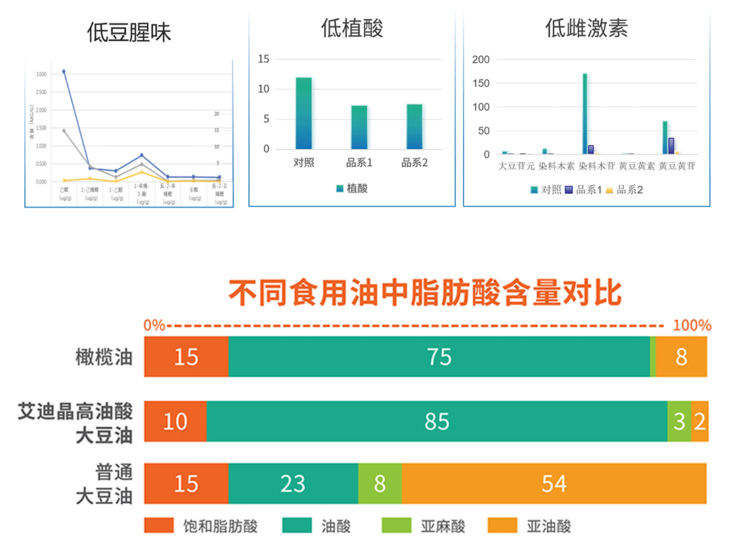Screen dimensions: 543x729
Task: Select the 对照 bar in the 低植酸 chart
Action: (x=304, y=113)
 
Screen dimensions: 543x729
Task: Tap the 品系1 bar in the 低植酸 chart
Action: (x=359, y=127)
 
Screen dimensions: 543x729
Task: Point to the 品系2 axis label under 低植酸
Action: (x=414, y=163)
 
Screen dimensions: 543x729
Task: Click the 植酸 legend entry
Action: (x=352, y=189)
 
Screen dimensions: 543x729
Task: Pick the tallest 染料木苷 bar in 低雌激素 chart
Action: (x=585, y=113)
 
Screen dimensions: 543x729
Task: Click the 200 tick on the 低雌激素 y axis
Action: (x=481, y=59)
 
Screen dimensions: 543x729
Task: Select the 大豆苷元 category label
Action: (x=516, y=165)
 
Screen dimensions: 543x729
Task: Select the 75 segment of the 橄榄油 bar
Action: (x=439, y=356)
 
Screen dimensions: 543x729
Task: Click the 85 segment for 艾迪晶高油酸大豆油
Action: (x=437, y=421)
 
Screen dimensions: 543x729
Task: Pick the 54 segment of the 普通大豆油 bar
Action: (x=553, y=484)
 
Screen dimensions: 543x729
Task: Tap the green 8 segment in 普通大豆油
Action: (x=379, y=484)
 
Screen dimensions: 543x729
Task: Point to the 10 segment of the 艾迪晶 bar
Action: (x=175, y=421)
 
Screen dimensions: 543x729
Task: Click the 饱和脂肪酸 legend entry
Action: (x=200, y=526)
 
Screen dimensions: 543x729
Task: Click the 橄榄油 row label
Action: (x=104, y=356)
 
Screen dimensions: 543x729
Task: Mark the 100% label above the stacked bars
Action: (x=692, y=325)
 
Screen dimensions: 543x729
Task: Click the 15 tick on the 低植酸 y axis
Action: (x=263, y=59)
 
